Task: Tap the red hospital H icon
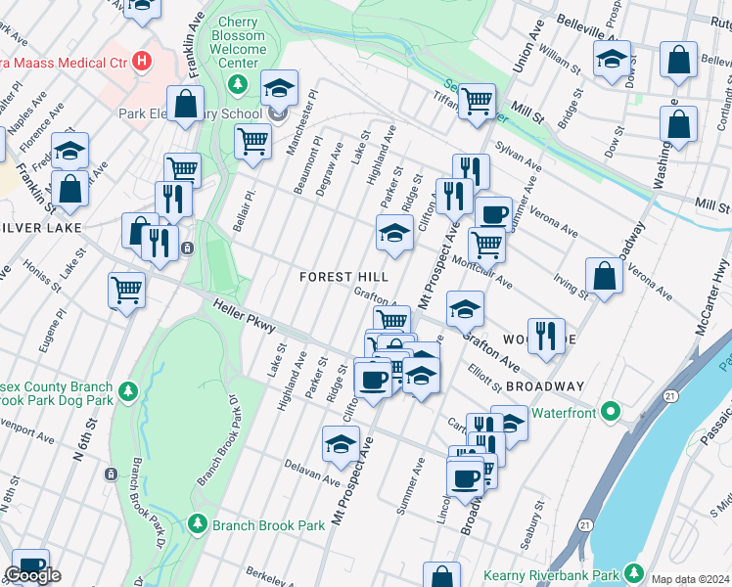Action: point(144,62)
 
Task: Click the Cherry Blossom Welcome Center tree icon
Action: point(236,84)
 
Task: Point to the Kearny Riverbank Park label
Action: point(552,574)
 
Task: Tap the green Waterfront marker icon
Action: point(612,411)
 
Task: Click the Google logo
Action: point(32,575)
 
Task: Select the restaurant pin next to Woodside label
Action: point(545,335)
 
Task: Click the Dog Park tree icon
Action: point(127,392)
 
